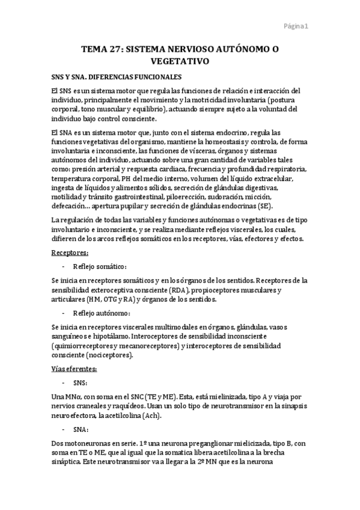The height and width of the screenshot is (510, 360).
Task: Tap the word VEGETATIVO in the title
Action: [x=179, y=61]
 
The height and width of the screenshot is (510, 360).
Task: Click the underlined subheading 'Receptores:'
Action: [x=70, y=253]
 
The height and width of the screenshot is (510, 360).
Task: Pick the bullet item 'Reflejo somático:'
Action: [x=100, y=266]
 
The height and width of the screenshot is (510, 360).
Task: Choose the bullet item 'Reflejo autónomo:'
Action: [x=101, y=313]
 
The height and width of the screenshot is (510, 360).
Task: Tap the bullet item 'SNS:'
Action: [x=81, y=382]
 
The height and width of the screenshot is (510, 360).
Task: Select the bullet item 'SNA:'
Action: [x=81, y=429]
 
